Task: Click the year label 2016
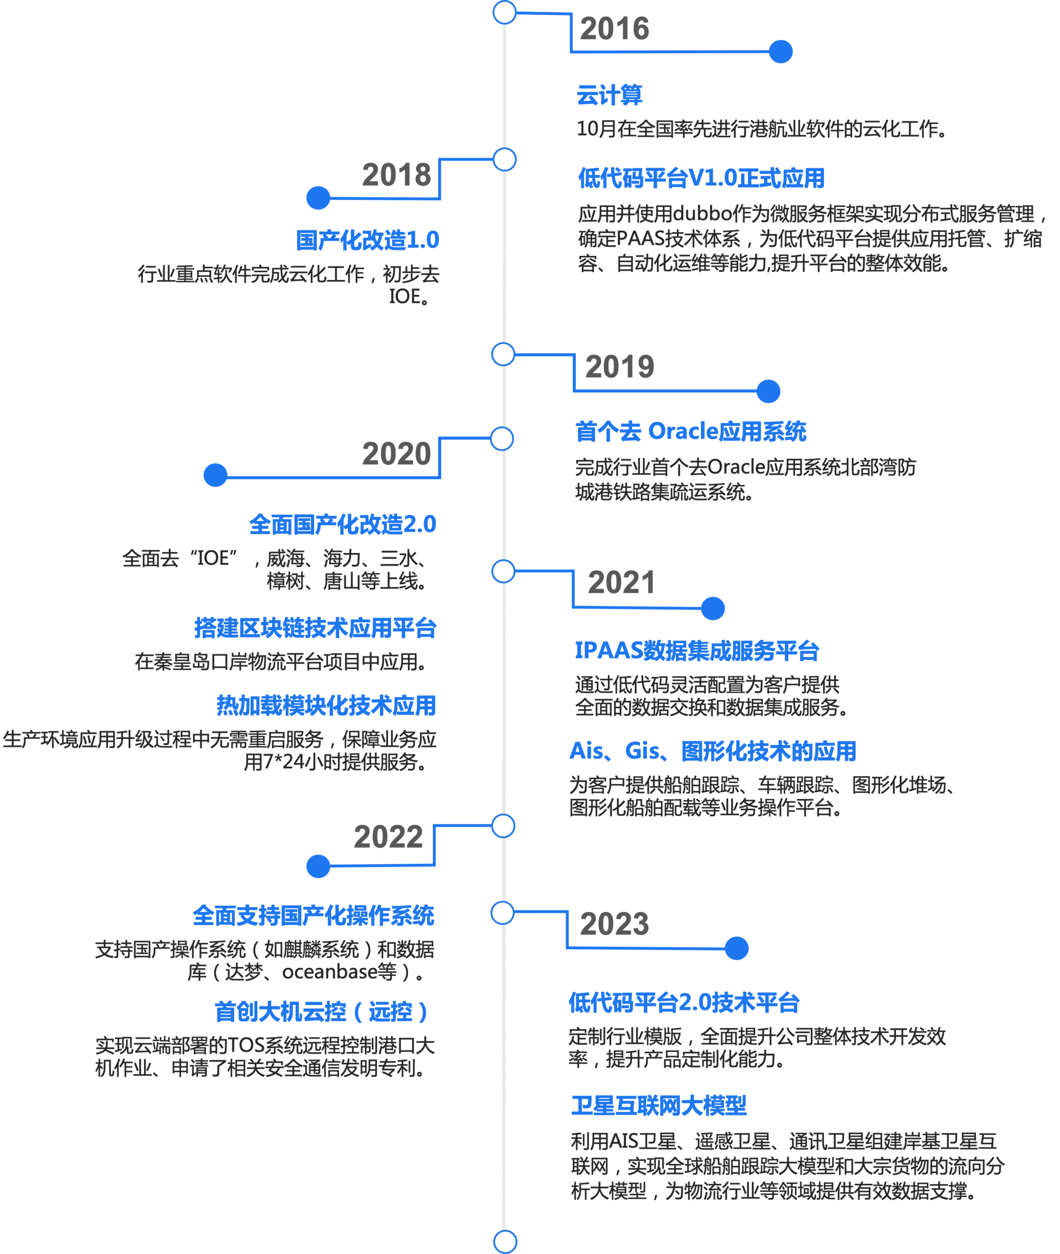pos(615,30)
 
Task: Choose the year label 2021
pos(621,583)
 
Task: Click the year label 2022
pos(387,837)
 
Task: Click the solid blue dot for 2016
pos(781,51)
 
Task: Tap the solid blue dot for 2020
pos(215,475)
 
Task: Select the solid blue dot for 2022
pos(318,868)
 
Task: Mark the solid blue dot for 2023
pos(737,948)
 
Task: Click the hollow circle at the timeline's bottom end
pos(505,1241)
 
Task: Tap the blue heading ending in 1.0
pos(366,241)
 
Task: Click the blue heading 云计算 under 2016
pos(609,95)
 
